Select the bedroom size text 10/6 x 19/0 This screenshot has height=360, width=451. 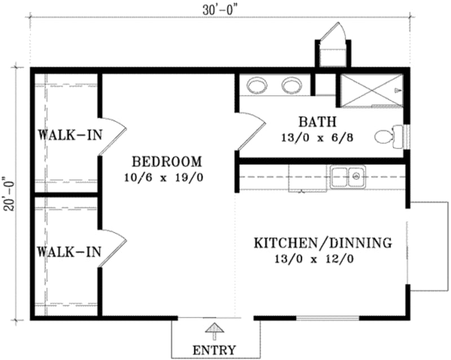pyautogui.click(x=163, y=177)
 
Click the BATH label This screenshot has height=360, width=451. pyautogui.click(x=317, y=122)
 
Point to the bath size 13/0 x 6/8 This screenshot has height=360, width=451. pyautogui.click(x=317, y=137)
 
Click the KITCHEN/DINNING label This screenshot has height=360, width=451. pyautogui.click(x=322, y=244)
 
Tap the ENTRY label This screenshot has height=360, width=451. pyautogui.click(x=214, y=349)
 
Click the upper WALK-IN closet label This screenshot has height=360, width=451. pyautogui.click(x=65, y=135)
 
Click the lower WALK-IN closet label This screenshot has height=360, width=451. pyautogui.click(x=65, y=251)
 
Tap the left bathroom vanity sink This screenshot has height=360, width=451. pyautogui.click(x=258, y=85)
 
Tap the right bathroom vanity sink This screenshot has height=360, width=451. pyautogui.click(x=292, y=85)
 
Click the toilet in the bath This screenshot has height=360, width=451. pyautogui.click(x=388, y=136)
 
